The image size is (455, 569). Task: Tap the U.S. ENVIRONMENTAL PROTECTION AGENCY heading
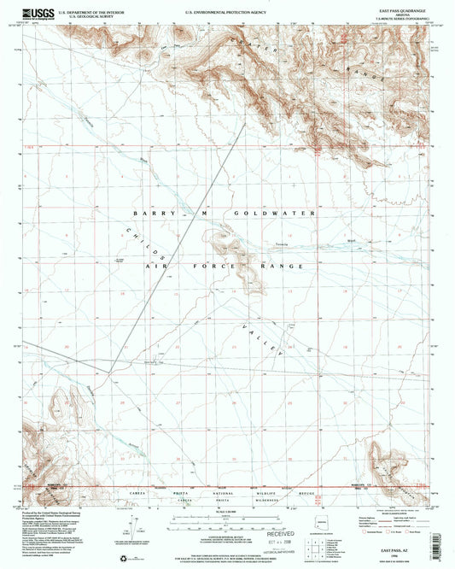pyautogui.click(x=225, y=7)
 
